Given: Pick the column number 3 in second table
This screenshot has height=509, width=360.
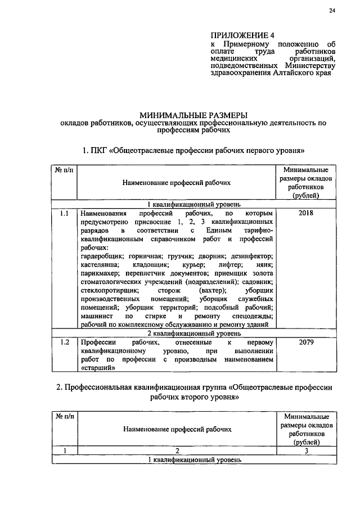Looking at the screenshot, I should (306, 451).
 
